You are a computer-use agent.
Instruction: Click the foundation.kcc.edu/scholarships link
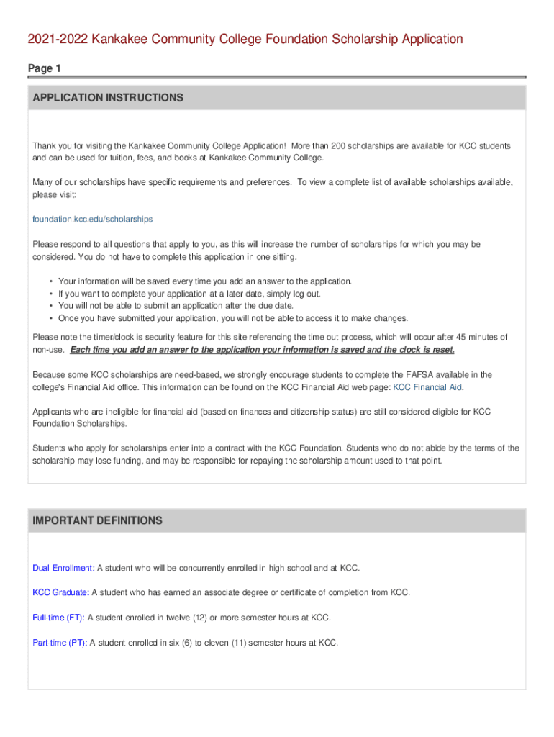pyautogui.click(x=93, y=219)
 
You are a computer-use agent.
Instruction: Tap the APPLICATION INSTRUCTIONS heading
pyautogui.click(x=106, y=98)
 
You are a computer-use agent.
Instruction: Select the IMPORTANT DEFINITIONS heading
pyautogui.click(x=97, y=520)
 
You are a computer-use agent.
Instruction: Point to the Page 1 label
pyautogui.click(x=45, y=68)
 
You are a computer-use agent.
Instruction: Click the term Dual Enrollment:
pyautogui.click(x=63, y=568)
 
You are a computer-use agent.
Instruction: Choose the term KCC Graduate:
pyautogui.click(x=61, y=592)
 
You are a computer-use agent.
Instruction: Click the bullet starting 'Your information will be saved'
pyautogui.click(x=205, y=281)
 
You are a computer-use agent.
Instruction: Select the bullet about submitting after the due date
pyautogui.click(x=176, y=305)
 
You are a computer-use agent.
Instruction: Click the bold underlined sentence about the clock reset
pyautogui.click(x=263, y=349)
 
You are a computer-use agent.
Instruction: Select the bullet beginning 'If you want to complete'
pyautogui.click(x=189, y=293)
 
